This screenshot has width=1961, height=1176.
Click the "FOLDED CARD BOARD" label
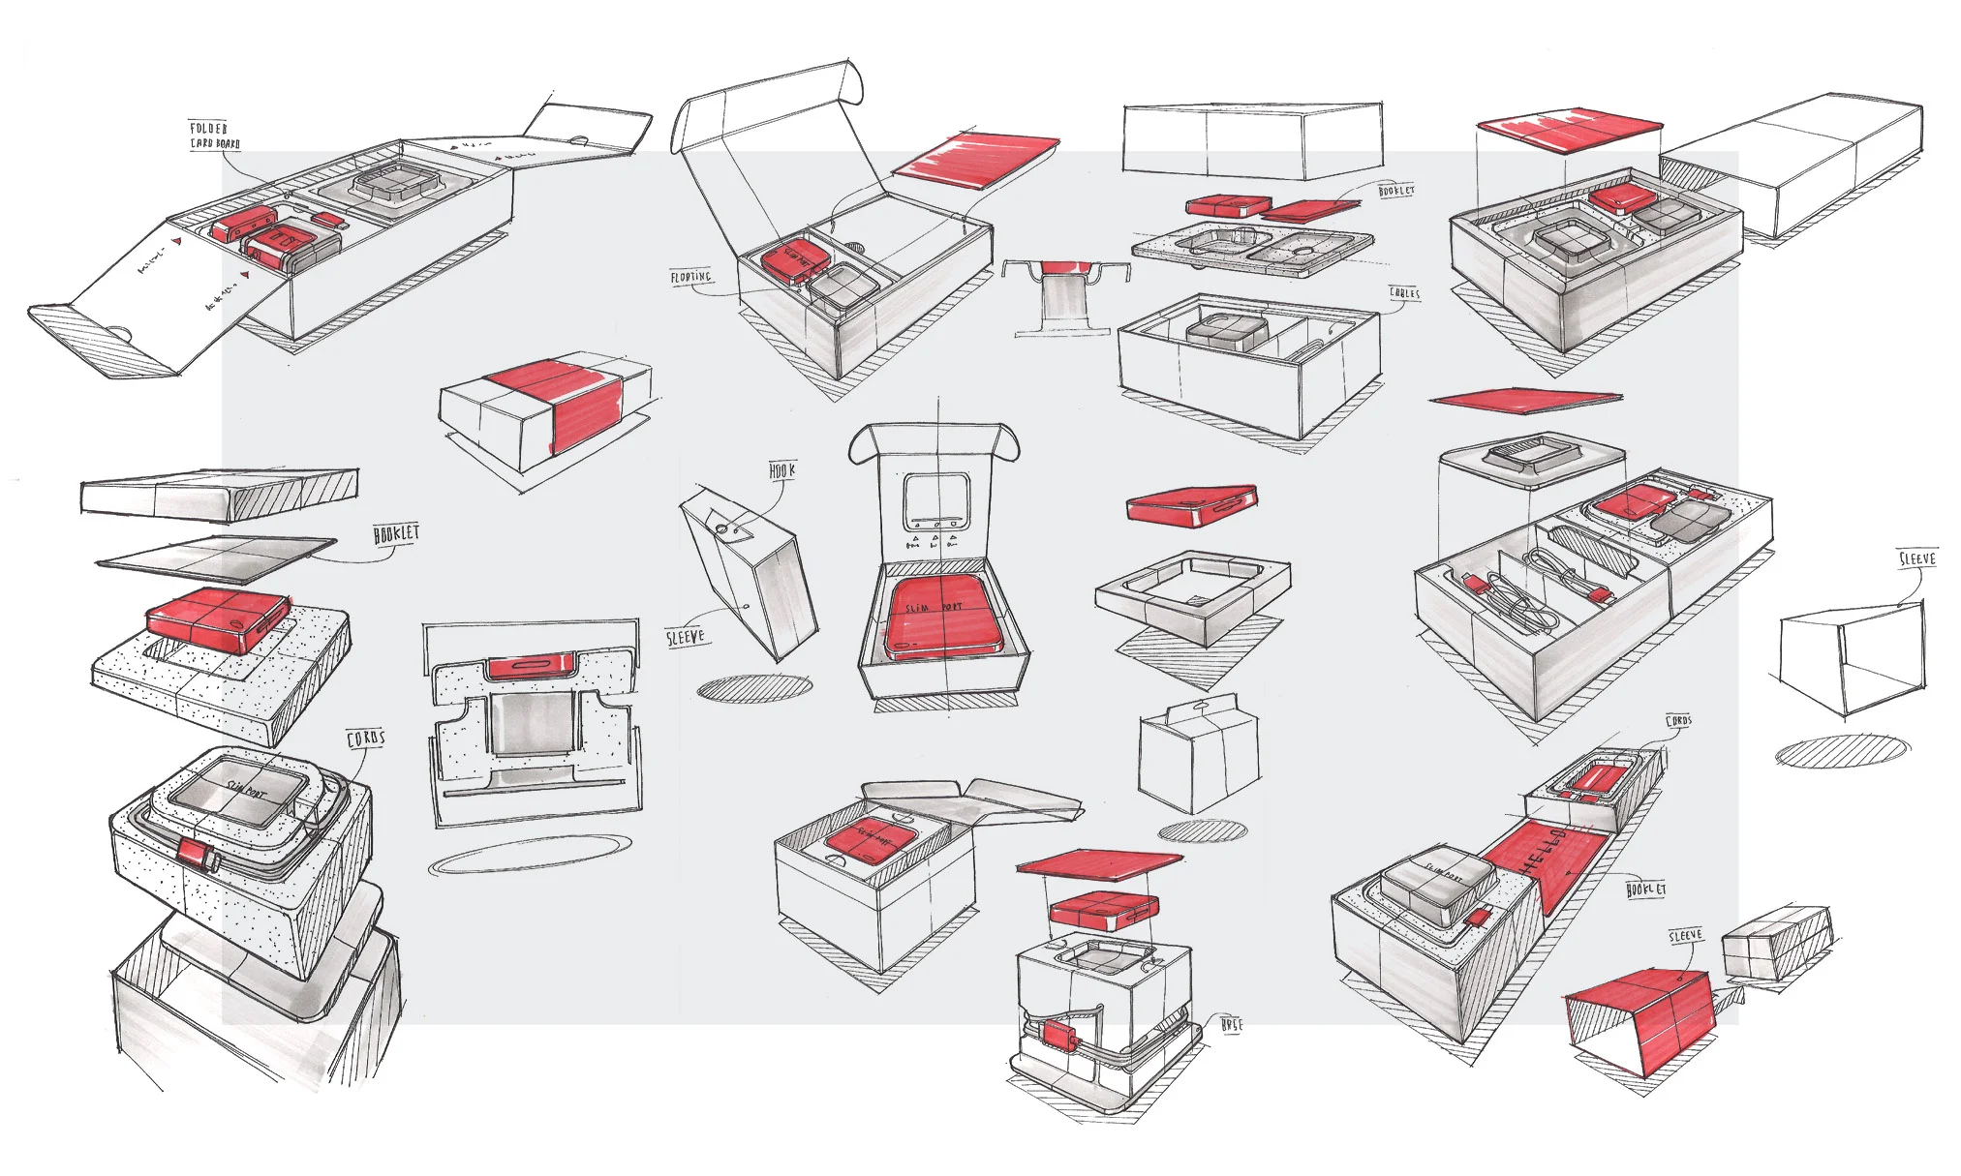click(x=214, y=136)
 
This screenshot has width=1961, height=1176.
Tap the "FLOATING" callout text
click(x=690, y=278)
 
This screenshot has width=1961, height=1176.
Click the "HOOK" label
click(x=781, y=470)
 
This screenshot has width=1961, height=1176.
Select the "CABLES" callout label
click(x=1404, y=292)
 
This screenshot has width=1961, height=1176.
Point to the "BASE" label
click(x=1231, y=1024)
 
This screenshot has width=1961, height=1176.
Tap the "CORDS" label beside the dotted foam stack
click(x=366, y=739)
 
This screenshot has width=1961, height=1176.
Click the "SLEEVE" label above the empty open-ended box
click(x=1916, y=558)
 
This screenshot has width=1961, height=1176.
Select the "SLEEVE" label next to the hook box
click(x=685, y=637)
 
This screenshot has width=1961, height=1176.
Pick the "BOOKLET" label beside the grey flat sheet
click(x=396, y=533)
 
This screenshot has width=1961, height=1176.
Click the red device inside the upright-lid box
click(x=939, y=617)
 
